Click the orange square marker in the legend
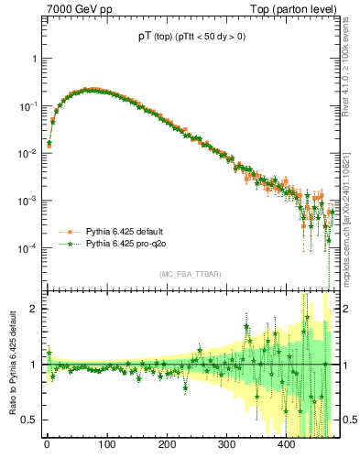pos(68,232)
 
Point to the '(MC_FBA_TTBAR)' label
pos(190,275)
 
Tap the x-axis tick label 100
pos(106,446)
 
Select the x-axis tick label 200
pos(167,446)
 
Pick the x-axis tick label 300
pos(226,446)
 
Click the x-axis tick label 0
pos(47,446)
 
